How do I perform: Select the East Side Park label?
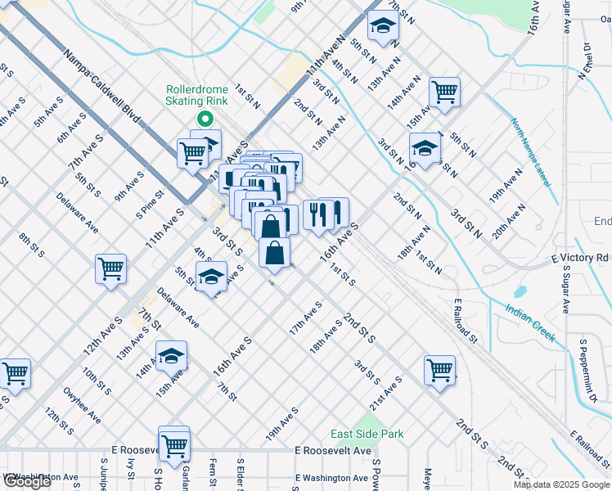[367, 434]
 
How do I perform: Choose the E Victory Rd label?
[580, 258]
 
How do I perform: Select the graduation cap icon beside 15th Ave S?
[172, 356]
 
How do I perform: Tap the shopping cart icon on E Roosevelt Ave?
[174, 444]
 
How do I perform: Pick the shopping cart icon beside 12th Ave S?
[110, 268]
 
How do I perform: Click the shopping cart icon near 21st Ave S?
[440, 369]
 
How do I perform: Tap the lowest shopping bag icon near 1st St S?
[275, 253]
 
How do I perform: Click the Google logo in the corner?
[27, 481]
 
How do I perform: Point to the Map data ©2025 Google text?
[561, 484]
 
